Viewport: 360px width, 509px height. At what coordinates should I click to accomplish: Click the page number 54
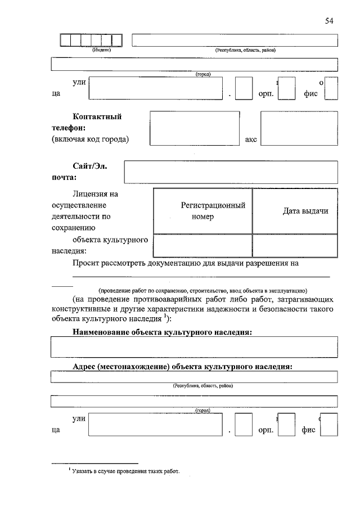[x=329, y=21]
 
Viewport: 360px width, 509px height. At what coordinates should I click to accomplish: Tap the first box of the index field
[x=65, y=40]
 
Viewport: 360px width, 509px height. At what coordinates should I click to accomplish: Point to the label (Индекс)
[x=102, y=50]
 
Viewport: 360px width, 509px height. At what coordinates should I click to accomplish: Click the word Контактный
[x=97, y=117]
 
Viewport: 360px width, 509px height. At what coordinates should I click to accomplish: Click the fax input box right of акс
[x=299, y=128]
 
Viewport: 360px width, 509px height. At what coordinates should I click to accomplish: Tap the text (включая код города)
[x=90, y=139]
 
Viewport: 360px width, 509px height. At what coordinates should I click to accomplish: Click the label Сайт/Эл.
[x=89, y=166]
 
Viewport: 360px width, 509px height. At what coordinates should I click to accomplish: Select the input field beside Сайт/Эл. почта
[x=231, y=172]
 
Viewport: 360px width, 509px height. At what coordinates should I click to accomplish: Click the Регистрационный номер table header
[x=202, y=211]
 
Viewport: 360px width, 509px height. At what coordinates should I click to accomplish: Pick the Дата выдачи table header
[x=295, y=211]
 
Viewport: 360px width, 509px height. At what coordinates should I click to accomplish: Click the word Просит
[x=87, y=263]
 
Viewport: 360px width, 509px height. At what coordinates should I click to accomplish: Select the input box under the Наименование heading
[x=194, y=347]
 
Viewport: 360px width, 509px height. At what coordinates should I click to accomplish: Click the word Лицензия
[x=93, y=194]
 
